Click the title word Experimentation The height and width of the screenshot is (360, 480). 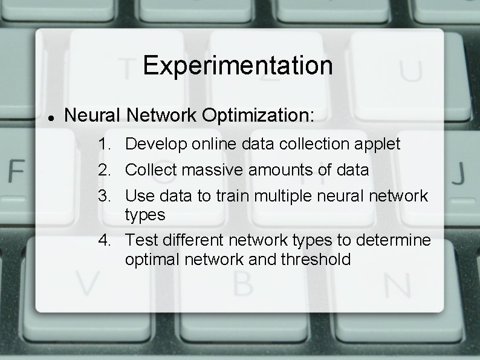point(238,65)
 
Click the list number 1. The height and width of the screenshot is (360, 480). point(106,145)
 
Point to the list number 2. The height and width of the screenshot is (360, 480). point(106,171)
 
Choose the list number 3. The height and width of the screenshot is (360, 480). point(106,196)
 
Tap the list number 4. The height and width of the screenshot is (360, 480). point(106,240)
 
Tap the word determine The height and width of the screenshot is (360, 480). point(394,240)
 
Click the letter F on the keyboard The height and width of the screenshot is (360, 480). point(16,172)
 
